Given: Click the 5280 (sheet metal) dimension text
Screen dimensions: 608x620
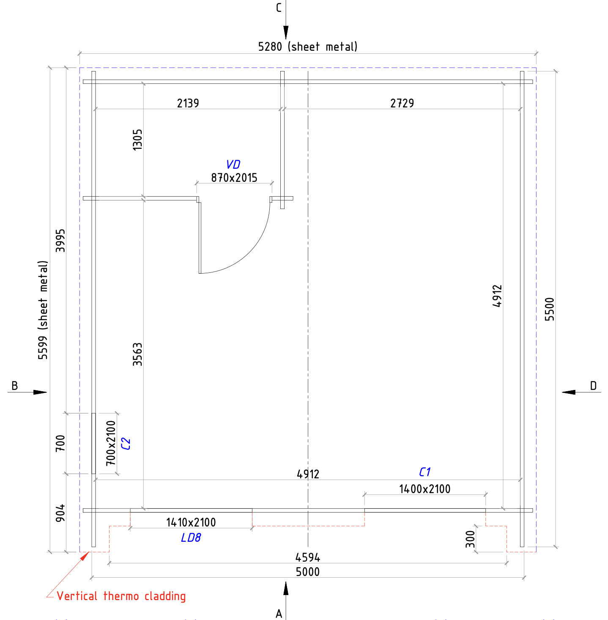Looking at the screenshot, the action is (x=307, y=47).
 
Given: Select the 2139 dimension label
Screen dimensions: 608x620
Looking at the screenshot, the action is (x=188, y=103).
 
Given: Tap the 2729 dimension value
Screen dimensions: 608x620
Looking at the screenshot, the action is (x=402, y=103).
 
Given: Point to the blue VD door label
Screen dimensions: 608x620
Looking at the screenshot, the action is (x=233, y=165).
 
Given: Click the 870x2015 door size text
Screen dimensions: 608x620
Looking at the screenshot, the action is (x=234, y=178).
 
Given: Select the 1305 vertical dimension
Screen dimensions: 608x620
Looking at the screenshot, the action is (x=137, y=140).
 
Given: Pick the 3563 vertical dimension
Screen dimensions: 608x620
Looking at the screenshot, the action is (x=137, y=354).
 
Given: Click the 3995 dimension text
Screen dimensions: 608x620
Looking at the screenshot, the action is (x=60, y=241).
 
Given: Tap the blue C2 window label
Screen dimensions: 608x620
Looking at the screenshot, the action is (x=126, y=444).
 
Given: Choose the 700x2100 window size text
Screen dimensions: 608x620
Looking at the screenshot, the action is (x=111, y=443).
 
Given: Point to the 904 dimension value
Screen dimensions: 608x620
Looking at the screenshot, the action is (x=60, y=513).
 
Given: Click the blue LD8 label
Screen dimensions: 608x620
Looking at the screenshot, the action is (x=191, y=538).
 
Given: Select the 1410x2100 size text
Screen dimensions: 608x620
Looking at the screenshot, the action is (x=191, y=522).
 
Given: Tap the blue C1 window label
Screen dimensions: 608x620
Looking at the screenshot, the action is (x=425, y=472).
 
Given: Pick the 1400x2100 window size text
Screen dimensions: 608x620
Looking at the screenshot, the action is (x=425, y=489).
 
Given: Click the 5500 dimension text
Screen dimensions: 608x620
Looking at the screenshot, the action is (x=550, y=309).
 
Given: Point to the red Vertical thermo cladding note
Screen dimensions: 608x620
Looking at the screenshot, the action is (x=121, y=596).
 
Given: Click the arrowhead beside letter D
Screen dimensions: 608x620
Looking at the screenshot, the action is (x=568, y=392).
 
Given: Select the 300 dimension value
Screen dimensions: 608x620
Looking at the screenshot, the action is (x=470, y=539).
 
